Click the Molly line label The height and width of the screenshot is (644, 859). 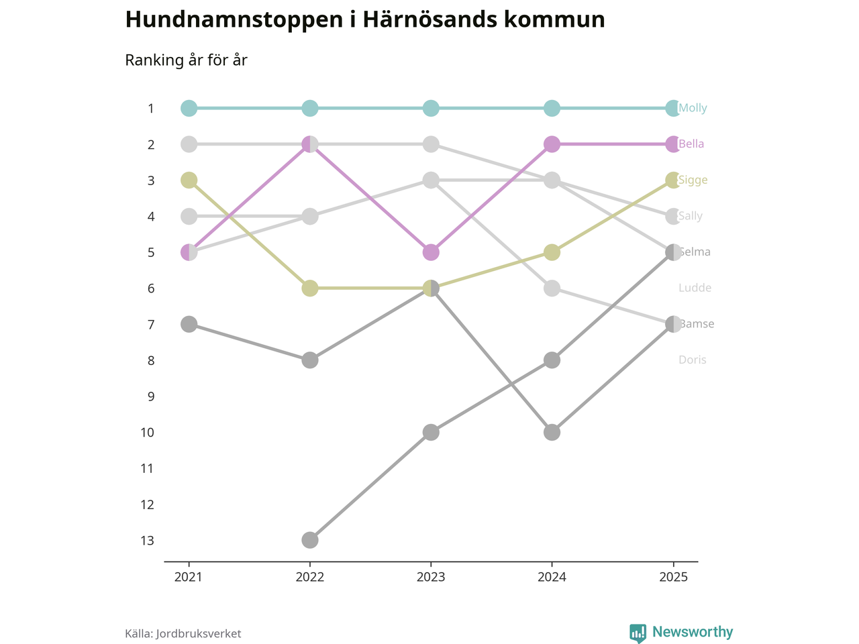(x=693, y=108)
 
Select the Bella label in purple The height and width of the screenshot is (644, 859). (x=691, y=144)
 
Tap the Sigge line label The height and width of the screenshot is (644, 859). (x=693, y=180)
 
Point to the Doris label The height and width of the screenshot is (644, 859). (x=692, y=360)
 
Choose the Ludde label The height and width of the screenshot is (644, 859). (x=695, y=288)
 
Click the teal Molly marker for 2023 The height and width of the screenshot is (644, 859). (x=431, y=108)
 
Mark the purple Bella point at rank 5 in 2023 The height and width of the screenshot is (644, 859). (x=431, y=252)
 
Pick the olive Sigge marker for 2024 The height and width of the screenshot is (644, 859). (x=552, y=252)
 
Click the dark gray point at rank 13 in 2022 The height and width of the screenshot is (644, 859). (x=309, y=540)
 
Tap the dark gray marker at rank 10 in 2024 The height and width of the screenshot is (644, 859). (x=552, y=432)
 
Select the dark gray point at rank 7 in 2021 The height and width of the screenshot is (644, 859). (x=189, y=324)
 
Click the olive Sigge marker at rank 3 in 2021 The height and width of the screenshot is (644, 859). (x=189, y=180)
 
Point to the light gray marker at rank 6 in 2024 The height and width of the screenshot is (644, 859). (x=552, y=288)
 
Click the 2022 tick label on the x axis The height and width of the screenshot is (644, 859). (x=309, y=578)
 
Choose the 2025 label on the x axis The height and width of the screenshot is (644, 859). (x=673, y=578)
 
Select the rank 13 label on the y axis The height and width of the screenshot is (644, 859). (x=148, y=541)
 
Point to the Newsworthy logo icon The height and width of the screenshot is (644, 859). (x=638, y=633)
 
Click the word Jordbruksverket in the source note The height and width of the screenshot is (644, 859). (x=198, y=634)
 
